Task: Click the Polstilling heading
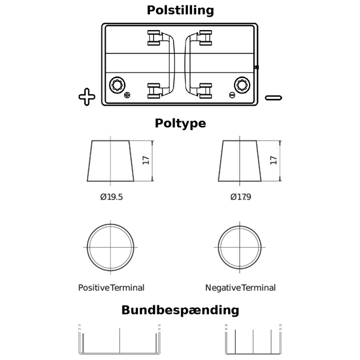180,10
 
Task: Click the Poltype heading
180,124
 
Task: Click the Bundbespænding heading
180,310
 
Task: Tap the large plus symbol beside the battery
87,97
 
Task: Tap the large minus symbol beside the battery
273,97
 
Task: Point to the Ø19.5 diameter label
112,197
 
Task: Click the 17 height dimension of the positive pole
146,161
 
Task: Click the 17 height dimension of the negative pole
274,161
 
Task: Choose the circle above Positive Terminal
112,247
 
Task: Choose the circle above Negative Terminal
240,247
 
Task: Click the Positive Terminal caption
112,288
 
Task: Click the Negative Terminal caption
240,288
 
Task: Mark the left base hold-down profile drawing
120,342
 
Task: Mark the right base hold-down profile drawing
253,342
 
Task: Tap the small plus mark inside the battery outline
127,95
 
